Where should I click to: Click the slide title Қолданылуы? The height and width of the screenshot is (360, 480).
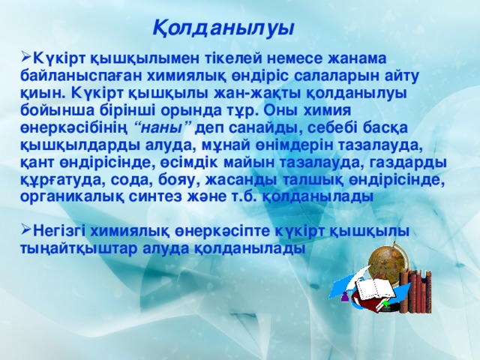click(223, 28)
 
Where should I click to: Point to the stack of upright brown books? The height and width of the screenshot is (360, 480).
click(415, 292)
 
